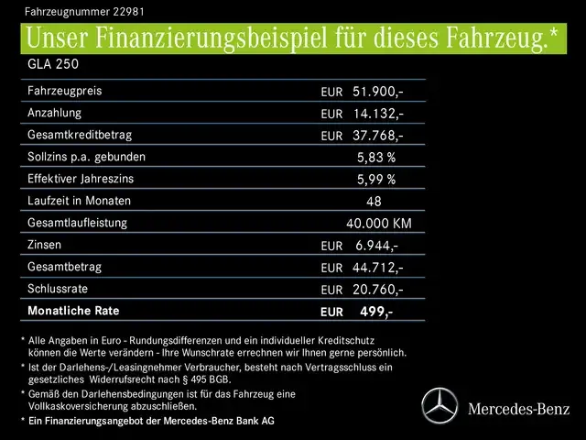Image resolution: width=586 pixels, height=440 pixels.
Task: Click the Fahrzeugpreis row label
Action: pos(64,92)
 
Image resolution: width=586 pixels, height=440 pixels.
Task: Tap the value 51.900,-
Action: pos(378,92)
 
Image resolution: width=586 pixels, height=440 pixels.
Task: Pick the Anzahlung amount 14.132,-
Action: pos(378,114)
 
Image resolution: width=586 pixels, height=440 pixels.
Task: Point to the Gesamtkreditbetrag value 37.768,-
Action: pos(378,136)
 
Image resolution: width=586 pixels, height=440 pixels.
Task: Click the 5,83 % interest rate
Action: pos(376,158)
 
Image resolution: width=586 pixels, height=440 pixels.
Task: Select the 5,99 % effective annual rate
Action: pos(376,180)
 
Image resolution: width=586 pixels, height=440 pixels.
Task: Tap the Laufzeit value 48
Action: pos(374,202)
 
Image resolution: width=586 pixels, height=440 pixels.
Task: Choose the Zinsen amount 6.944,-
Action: pos(376,246)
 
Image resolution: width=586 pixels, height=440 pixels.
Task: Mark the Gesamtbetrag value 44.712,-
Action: pos(378,268)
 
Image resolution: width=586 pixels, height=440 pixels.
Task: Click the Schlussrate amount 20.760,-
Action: pos(378,290)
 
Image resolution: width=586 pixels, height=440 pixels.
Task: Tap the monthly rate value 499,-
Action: pos(376,312)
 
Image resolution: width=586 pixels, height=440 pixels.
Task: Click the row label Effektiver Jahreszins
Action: pos(81,179)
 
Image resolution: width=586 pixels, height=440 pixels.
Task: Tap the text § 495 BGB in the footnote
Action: pos(202,379)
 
